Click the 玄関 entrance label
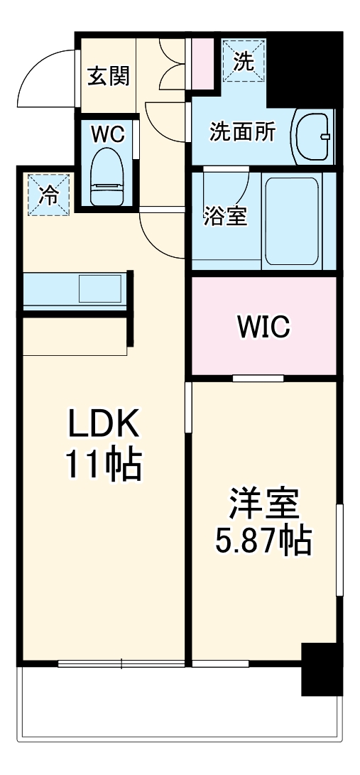pos(109,75)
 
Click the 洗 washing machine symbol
pos(244,61)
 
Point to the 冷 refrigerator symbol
pos(49,194)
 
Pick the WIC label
pos(263,326)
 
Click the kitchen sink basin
pos(99,289)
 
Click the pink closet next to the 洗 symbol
pos(202,63)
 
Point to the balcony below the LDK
pos(178,710)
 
